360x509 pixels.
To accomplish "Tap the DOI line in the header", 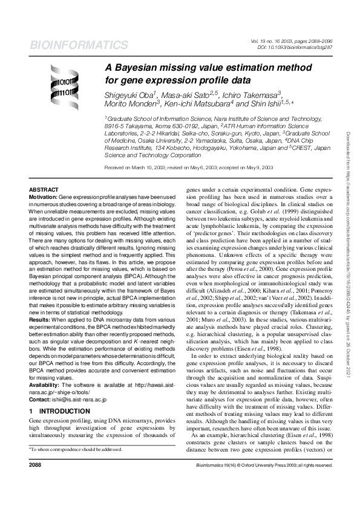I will click(x=292, y=46).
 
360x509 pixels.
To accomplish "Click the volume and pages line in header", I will click(x=290, y=40).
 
